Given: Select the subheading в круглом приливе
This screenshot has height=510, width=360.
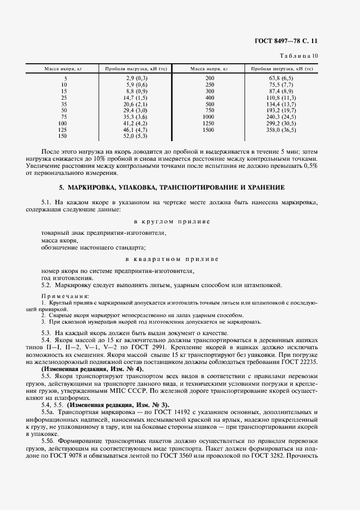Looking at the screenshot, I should [172, 222].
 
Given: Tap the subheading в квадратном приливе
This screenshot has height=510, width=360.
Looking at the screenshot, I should [172, 259].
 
